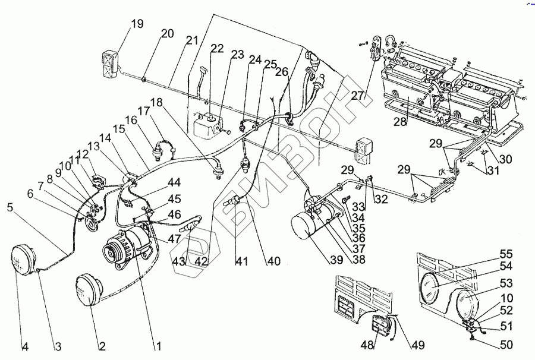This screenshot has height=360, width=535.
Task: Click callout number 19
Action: (137, 24)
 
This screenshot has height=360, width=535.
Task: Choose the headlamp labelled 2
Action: (88, 290)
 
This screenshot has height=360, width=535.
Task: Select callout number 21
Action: (191, 40)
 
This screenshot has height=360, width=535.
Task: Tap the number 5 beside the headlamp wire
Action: (10, 208)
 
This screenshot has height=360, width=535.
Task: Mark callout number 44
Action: (174, 182)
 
